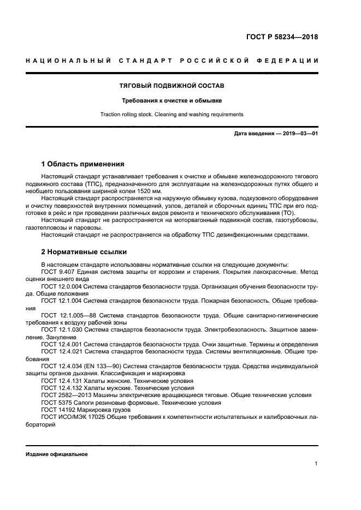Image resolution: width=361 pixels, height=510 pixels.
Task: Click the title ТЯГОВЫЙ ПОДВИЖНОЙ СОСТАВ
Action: [x=172, y=86]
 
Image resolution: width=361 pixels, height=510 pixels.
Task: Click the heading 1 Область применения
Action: [x=83, y=164]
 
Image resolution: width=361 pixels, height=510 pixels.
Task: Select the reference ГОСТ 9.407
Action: [x=58, y=272]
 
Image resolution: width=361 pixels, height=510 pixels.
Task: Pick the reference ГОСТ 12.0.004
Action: [x=62, y=286]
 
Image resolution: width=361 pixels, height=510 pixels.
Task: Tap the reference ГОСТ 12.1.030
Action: [x=62, y=329]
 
